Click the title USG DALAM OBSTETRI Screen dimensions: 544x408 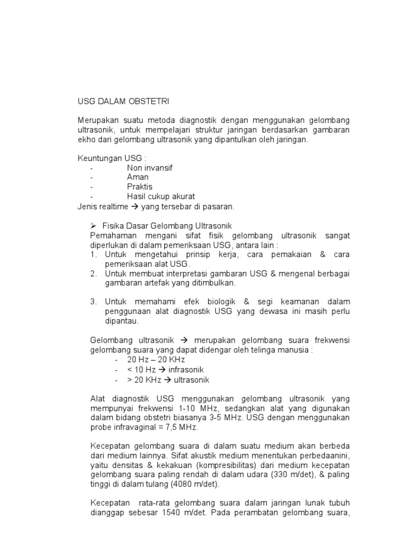pos(123,101)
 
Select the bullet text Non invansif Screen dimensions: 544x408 pos(150,167)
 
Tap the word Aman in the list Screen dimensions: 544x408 pos(138,177)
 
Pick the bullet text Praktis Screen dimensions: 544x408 pos(139,186)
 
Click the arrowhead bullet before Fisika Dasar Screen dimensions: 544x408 pos(93,226)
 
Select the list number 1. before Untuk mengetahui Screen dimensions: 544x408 pos(93,255)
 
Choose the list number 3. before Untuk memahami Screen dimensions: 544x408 pos(93,302)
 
